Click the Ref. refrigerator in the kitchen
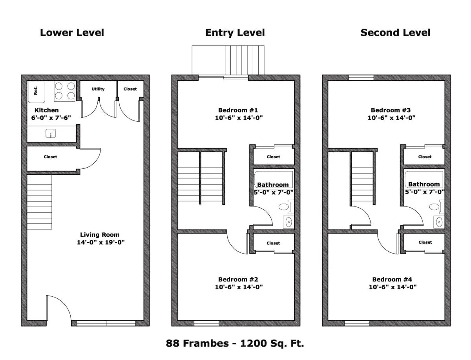click(36, 92)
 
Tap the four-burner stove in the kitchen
click(65, 91)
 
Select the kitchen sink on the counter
click(51, 133)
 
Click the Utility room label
click(98, 89)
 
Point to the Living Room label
click(100, 234)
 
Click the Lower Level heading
click(72, 33)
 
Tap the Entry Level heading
click(235, 33)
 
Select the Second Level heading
click(396, 33)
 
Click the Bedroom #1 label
click(238, 110)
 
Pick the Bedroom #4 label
click(392, 280)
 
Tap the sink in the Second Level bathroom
click(439, 222)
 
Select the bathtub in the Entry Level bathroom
click(274, 179)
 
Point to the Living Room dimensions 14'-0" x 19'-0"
click(101, 242)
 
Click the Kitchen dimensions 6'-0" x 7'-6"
click(51, 117)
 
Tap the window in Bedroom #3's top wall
click(361, 78)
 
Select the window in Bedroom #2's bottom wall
click(206, 323)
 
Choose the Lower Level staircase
click(40, 202)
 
